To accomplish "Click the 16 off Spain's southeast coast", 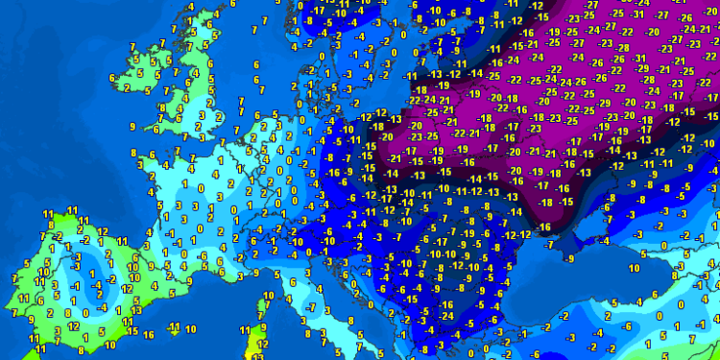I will pyautogui.click(x=148, y=334).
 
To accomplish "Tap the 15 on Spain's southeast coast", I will pyautogui.click(x=133, y=331).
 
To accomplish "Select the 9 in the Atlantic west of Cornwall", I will pyautogui.click(x=132, y=126).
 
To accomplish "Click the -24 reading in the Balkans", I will pyautogui.click(x=448, y=316).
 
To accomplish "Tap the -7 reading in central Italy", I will pyautogui.click(x=312, y=307).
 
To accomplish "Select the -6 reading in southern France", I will pyautogui.click(x=204, y=255).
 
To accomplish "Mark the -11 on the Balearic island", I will pyautogui.click(x=174, y=327).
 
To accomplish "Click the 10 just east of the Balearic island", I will pyautogui.click(x=191, y=328).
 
